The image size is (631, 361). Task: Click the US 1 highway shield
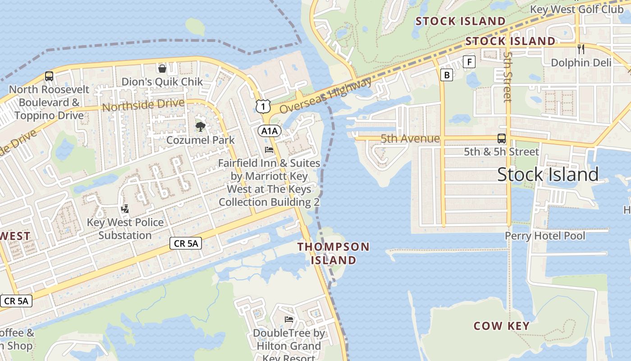[x=262, y=106]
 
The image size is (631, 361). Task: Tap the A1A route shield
[x=270, y=131]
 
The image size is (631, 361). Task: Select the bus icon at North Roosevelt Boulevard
[x=49, y=76]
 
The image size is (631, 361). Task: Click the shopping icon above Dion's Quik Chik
[x=162, y=69]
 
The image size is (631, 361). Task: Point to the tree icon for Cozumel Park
[x=200, y=127]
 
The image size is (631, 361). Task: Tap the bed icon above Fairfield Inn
[x=269, y=150]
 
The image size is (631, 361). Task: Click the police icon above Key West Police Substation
[x=125, y=209]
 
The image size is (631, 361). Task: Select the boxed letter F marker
[x=469, y=62]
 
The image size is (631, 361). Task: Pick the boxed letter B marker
[x=447, y=75]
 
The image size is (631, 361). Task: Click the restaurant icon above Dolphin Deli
[x=581, y=49]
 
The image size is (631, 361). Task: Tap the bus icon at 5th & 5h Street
[x=501, y=139]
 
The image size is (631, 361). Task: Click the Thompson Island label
[x=334, y=253]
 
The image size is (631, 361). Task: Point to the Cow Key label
[x=501, y=326]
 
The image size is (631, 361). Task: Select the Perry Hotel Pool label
[x=545, y=236]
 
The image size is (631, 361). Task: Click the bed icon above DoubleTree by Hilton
[x=289, y=319]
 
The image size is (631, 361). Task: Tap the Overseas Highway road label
[x=325, y=96]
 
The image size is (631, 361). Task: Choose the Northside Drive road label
[x=143, y=105]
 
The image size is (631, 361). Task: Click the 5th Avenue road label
[x=410, y=139]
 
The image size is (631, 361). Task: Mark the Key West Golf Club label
[x=576, y=9]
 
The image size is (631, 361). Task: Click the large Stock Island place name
[x=548, y=174]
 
